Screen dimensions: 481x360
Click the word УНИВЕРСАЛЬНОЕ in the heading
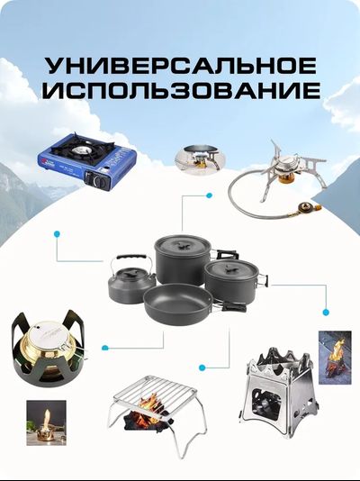coord(180,66)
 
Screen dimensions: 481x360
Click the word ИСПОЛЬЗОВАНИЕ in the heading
coord(180,91)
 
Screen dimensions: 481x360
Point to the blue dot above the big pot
coord(209,194)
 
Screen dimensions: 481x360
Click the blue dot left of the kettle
coord(57,233)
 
